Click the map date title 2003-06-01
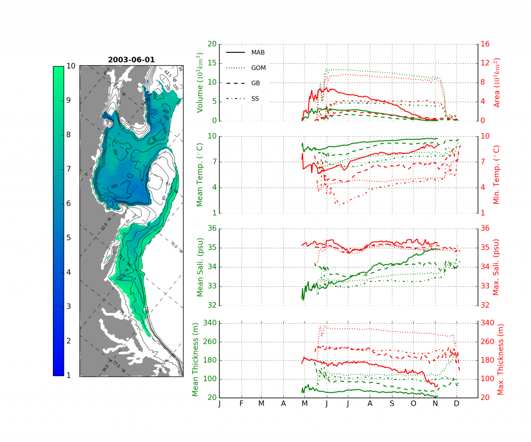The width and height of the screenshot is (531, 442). point(131,60)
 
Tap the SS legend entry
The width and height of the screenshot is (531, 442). point(255,98)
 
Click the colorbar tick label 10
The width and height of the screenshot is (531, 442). point(72,66)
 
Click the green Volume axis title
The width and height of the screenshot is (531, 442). point(200,83)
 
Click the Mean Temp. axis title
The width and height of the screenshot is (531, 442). point(200,174)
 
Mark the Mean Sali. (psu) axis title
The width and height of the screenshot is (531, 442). point(200,266)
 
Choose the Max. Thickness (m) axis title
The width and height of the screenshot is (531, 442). point(501,361)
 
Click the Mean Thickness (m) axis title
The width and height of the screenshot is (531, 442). point(195,361)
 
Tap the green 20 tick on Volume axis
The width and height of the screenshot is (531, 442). point(212,44)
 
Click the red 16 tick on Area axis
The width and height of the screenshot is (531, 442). point(486,44)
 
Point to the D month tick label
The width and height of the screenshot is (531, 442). point(457,404)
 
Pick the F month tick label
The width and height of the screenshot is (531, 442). point(241,404)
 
